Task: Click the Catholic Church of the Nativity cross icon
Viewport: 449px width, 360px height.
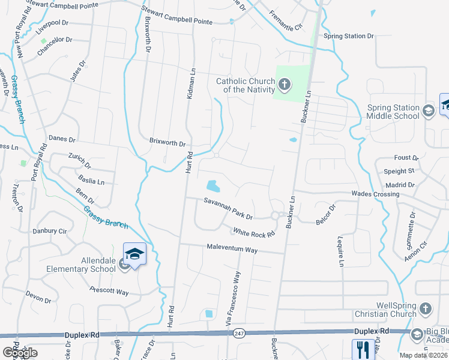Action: [285, 85]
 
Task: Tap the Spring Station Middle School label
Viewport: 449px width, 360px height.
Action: [393, 112]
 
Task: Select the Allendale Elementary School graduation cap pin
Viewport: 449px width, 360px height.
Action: [134, 255]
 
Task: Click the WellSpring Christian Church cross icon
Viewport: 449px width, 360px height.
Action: [424, 308]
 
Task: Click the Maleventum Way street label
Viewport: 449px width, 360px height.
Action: [232, 248]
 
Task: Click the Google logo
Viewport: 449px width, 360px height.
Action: [19, 353]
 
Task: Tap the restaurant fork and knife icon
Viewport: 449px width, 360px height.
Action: [362, 349]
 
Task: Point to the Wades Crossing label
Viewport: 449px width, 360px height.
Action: [375, 194]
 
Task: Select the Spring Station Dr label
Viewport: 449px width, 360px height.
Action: [349, 36]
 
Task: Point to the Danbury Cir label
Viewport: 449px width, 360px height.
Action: [49, 230]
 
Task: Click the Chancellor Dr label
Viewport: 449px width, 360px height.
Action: [54, 40]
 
